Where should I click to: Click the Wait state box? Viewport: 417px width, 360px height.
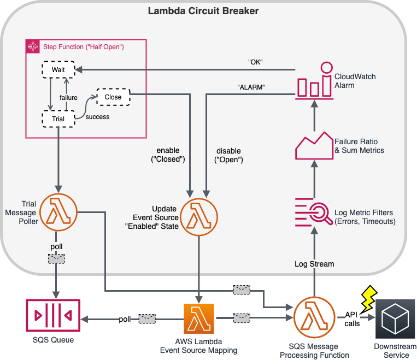(x=58, y=70)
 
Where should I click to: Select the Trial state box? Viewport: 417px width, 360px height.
(x=58, y=119)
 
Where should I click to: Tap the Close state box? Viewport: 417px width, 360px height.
(x=113, y=97)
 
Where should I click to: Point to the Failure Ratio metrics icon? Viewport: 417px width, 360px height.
(x=314, y=145)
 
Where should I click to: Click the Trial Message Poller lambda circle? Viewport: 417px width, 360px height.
(x=57, y=211)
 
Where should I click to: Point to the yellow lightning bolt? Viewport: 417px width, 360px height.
(x=366, y=296)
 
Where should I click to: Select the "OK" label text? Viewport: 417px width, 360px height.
(x=255, y=62)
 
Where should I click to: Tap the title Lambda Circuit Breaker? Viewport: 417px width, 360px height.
(x=203, y=11)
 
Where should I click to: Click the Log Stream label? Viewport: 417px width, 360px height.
(x=314, y=264)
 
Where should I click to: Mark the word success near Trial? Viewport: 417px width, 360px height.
(x=97, y=116)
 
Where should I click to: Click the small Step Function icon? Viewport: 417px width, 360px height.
(x=33, y=46)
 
